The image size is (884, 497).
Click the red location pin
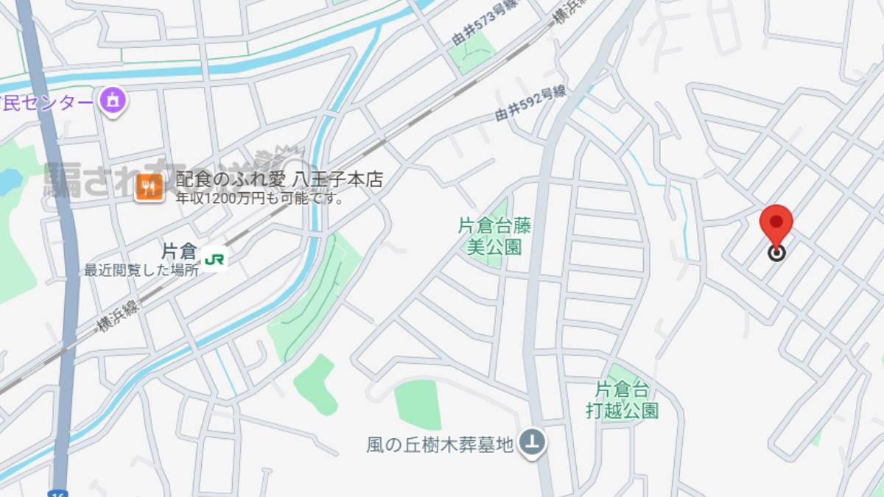776,223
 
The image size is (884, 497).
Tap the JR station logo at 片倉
214,259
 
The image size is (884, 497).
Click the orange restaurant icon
149,189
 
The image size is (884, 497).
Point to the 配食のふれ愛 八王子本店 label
279,180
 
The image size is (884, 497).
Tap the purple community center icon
112,101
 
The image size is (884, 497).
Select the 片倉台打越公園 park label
622,400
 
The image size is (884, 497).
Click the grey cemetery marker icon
532,443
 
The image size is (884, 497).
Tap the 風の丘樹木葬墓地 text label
439,445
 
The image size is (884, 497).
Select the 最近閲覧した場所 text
141,270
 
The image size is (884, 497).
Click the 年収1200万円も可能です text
260,198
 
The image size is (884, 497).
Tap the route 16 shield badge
58,493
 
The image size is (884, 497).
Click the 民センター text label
46,102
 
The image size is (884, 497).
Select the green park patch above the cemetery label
417,404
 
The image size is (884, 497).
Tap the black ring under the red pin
776,253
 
